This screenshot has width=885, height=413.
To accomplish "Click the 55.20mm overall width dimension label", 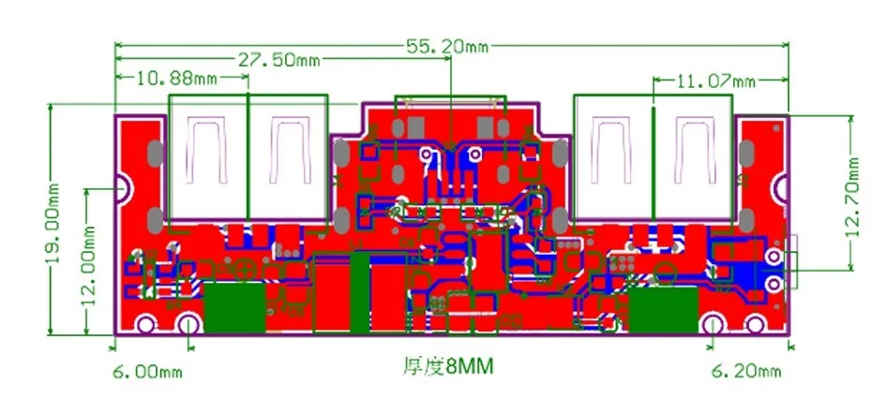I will pyautogui.click(x=445, y=44).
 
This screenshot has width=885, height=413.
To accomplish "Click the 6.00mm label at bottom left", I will pyautogui.click(x=145, y=372).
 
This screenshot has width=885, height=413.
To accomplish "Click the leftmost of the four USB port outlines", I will pyautogui.click(x=208, y=155).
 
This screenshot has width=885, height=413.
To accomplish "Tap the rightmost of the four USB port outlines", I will pyautogui.click(x=694, y=155).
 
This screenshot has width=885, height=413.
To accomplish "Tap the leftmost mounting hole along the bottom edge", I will pyautogui.click(x=146, y=325).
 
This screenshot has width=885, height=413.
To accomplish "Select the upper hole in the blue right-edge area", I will pyautogui.click(x=773, y=257).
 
